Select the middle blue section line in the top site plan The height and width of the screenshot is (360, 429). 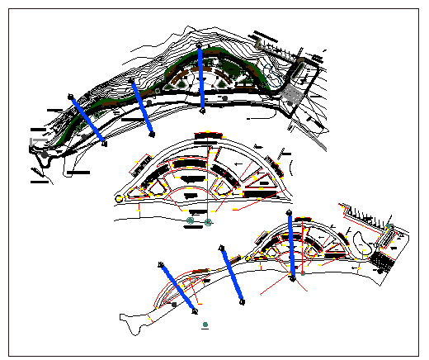coord(143,107)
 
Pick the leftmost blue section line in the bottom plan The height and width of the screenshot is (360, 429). coord(177,288)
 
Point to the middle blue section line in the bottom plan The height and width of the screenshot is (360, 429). coord(233,275)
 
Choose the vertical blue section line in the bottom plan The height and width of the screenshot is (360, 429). coord(292,247)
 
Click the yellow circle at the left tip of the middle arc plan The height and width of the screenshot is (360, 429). coord(120,199)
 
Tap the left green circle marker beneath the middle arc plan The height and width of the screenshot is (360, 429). coord(191,221)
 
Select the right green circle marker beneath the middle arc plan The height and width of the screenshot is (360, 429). coord(209,221)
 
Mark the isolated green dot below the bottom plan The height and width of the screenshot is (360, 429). coord(205,324)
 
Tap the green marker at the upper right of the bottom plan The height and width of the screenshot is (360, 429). coord(389,224)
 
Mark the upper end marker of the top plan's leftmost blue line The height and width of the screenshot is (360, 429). coord(71,97)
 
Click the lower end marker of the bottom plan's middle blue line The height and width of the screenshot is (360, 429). coord(244,301)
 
